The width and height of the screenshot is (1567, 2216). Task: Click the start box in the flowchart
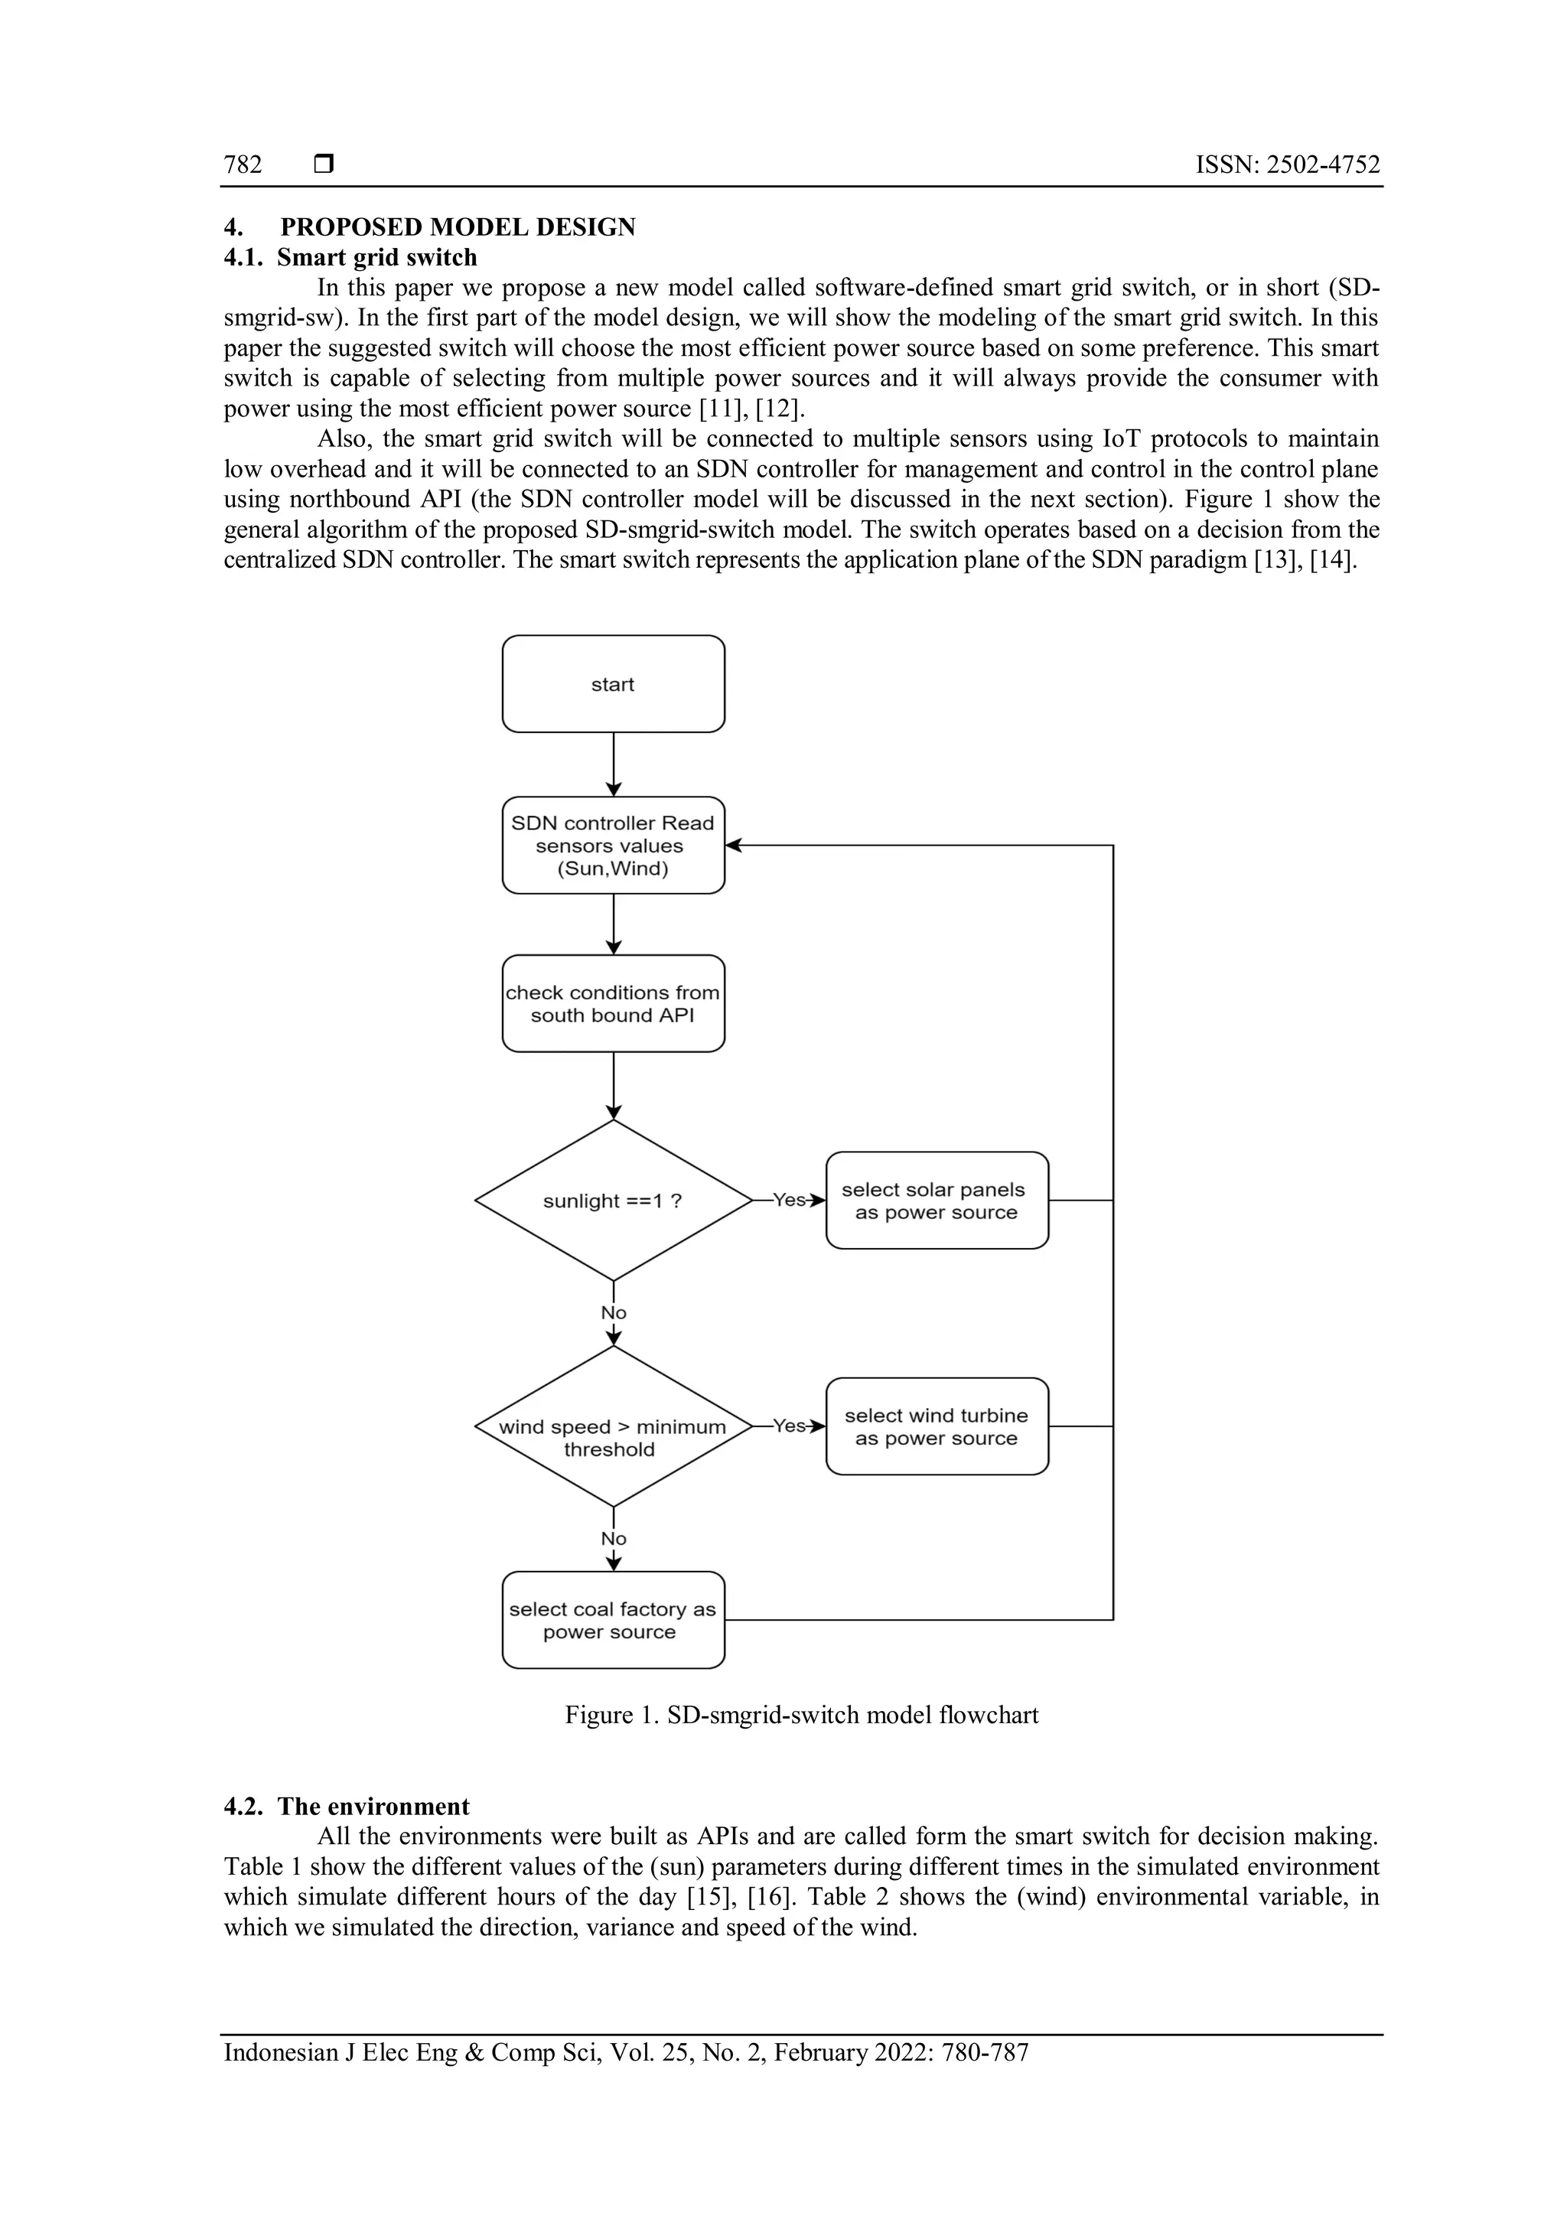click(613, 683)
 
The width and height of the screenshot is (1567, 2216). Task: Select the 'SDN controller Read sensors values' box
click(613, 845)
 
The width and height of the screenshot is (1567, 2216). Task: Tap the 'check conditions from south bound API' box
click(613, 1003)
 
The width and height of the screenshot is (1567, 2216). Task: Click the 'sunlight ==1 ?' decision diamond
click(613, 1201)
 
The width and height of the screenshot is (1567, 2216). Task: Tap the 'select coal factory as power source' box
click(613, 1621)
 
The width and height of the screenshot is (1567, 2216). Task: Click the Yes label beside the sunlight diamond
click(790, 1201)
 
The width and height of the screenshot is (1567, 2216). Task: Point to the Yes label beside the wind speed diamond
click(790, 1426)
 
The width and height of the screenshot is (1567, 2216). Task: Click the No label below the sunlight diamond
click(614, 1312)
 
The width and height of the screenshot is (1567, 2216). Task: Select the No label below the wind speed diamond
click(614, 1539)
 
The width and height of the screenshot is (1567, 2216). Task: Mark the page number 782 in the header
click(243, 165)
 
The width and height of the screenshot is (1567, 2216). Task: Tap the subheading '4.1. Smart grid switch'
click(350, 258)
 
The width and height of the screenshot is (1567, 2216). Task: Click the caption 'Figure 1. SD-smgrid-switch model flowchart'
click(802, 1715)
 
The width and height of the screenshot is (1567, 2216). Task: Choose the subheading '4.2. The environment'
click(347, 1807)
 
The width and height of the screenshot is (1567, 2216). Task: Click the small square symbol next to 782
click(324, 165)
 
